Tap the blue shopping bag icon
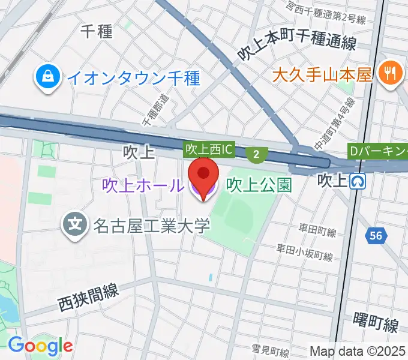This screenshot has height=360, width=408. click(46, 76)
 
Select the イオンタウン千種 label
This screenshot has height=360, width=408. click(133, 77)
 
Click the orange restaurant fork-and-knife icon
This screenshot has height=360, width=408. click(390, 74)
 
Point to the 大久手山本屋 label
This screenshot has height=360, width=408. click(323, 76)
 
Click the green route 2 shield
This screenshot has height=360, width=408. click(256, 154)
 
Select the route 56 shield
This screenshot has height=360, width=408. click(376, 236)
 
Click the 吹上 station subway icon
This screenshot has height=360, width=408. click(359, 181)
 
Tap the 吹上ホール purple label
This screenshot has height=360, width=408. click(142, 185)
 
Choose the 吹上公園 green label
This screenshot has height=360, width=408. click(259, 185)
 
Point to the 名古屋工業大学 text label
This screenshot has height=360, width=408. click(151, 226)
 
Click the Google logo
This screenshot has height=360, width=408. click(40, 345)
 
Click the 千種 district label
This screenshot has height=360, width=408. click(96, 32)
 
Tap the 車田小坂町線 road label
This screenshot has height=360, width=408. click(304, 252)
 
